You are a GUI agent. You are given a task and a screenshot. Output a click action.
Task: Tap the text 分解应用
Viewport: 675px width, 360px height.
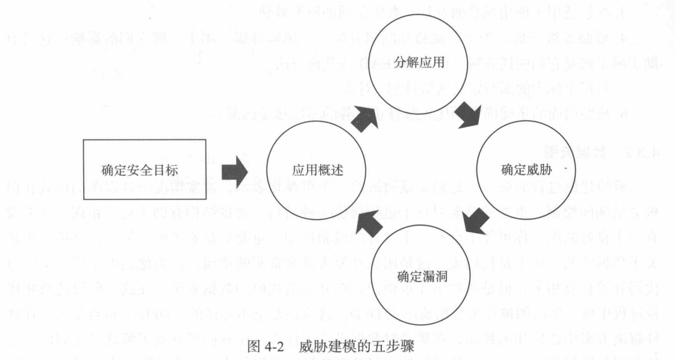coord(418,61)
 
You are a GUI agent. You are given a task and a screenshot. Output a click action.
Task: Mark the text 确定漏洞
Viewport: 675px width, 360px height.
coord(418,277)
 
